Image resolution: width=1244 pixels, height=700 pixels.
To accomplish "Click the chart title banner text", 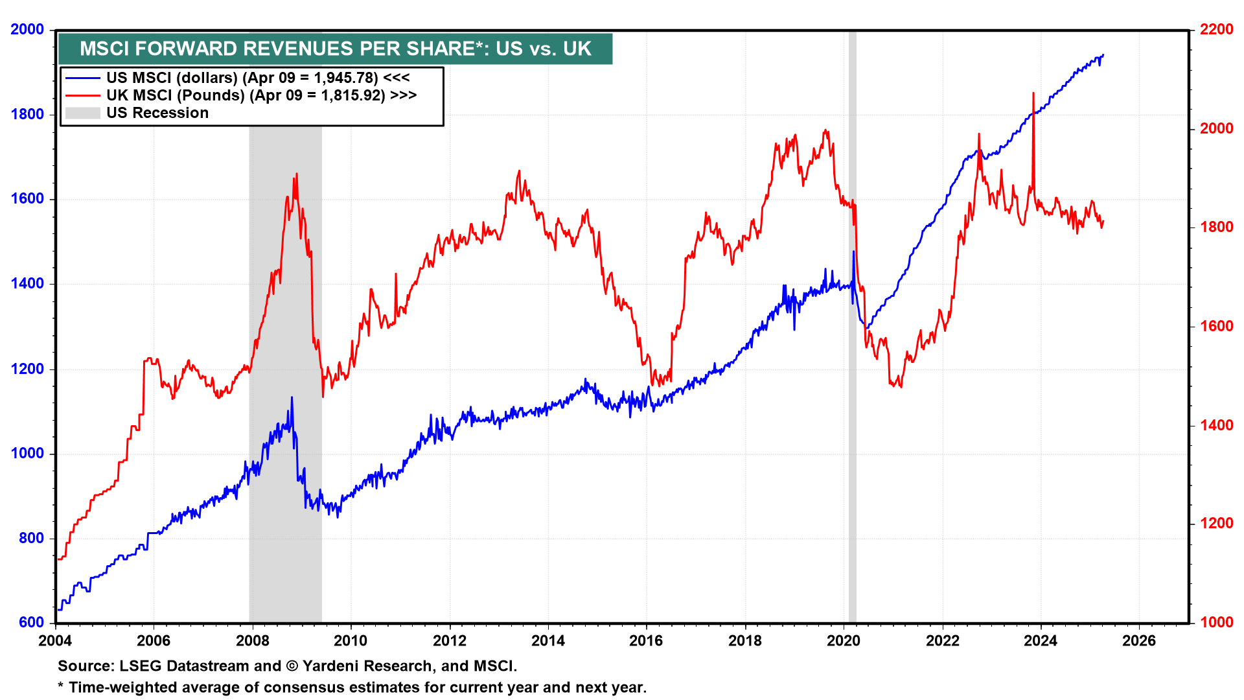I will (335, 49).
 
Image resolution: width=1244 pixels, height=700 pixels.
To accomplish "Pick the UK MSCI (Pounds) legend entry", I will (261, 95).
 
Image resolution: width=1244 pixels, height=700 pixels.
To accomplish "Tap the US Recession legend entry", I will (157, 113).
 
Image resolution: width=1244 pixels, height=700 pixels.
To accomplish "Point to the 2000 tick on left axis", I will (27, 30).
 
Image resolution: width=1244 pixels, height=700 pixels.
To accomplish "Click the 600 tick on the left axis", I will (31, 622).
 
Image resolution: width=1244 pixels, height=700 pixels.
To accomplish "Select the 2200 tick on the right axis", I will (1216, 30).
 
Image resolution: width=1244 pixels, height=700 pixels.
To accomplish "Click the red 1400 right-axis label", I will (1216, 425).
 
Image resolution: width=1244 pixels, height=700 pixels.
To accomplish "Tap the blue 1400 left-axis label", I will (27, 284).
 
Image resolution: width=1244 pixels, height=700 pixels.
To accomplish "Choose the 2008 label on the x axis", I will (252, 641).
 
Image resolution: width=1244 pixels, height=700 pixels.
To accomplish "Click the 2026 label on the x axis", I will (1138, 641).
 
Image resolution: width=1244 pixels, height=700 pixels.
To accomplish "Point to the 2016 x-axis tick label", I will (646, 641).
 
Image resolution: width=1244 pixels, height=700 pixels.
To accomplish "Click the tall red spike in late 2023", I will (1033, 93).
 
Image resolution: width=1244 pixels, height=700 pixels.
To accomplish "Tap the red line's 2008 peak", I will (297, 174).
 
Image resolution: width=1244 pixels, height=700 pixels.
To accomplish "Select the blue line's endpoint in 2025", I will (1103, 56).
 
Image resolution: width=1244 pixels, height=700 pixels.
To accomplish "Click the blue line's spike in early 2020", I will (853, 251).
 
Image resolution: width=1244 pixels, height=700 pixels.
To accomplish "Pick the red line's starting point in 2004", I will (59, 559).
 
